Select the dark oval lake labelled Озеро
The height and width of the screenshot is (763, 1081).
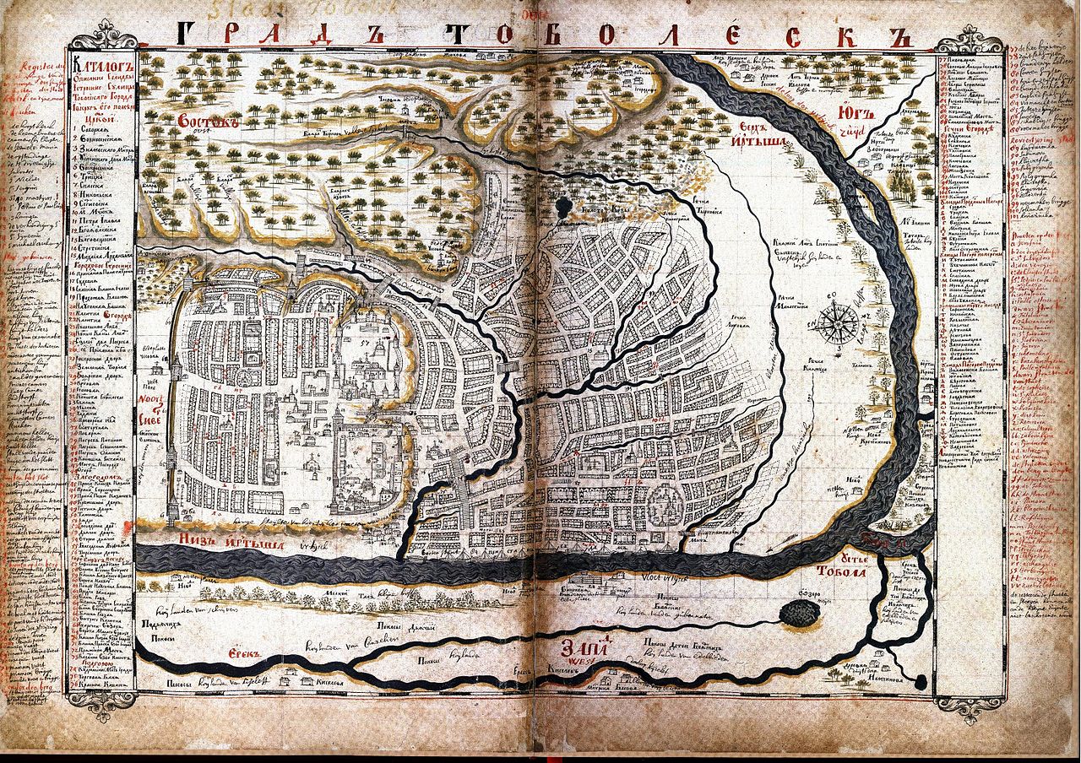coord(798,615)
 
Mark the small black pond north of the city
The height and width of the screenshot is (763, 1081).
coord(564,204)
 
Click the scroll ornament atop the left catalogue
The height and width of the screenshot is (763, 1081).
coord(102,37)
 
